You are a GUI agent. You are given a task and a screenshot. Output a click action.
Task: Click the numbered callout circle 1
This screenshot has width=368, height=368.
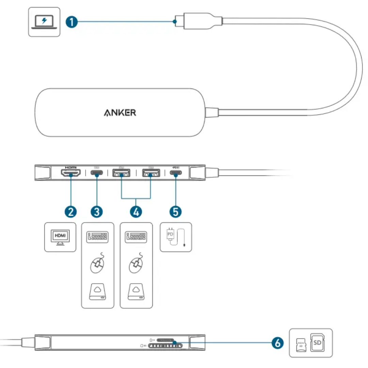click(71, 22)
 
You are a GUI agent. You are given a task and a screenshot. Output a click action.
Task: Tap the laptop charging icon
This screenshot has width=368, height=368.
click(44, 22)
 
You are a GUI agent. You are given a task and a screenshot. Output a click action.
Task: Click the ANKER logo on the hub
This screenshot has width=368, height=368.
click(120, 112)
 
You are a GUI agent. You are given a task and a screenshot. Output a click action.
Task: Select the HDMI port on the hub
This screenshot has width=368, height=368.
click(71, 173)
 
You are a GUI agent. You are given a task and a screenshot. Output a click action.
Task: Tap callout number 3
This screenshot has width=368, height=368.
click(97, 212)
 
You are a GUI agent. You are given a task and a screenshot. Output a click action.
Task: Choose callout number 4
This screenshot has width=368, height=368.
click(136, 212)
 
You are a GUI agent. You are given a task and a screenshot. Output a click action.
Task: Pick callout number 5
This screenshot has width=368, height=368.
click(176, 212)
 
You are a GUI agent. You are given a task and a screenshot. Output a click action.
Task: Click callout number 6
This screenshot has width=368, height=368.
click(278, 342)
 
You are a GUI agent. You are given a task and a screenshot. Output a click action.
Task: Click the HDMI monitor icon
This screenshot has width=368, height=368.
click(60, 237)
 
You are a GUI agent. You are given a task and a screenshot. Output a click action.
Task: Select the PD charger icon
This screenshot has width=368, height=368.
click(176, 237)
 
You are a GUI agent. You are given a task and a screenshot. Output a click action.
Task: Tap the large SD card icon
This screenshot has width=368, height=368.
click(317, 342)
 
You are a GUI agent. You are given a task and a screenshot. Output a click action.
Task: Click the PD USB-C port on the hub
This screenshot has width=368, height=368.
click(176, 173)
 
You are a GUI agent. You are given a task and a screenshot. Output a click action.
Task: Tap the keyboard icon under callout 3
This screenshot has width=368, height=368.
click(97, 237)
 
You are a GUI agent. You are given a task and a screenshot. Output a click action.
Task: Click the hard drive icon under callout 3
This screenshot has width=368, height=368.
click(97, 292)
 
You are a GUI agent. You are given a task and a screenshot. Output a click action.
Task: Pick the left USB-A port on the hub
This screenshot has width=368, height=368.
click(121, 173)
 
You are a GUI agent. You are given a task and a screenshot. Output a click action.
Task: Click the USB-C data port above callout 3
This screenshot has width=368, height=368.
click(97, 173)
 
